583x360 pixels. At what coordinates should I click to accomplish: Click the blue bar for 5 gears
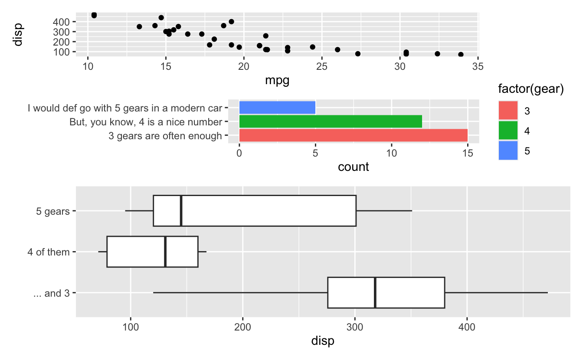pyautogui.click(x=277, y=108)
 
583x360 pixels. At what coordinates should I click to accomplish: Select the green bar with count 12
pyautogui.click(x=331, y=121)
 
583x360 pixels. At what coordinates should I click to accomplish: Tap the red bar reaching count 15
pyautogui.click(x=353, y=135)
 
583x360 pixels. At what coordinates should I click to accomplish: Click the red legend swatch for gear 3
pyautogui.click(x=508, y=111)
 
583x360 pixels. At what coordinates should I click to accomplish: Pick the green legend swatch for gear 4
pyautogui.click(x=508, y=131)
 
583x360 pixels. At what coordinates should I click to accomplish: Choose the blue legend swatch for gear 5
pyautogui.click(x=508, y=151)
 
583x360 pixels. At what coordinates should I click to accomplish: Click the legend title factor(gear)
pyautogui.click(x=531, y=89)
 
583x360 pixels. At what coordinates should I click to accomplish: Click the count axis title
pyautogui.click(x=353, y=167)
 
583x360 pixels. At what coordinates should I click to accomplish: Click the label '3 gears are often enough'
pyautogui.click(x=165, y=136)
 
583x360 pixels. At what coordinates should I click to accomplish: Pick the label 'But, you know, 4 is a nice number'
pyautogui.click(x=145, y=122)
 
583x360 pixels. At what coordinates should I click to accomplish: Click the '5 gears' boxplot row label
pyautogui.click(x=54, y=211)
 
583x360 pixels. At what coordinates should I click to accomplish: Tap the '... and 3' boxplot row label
pyautogui.click(x=51, y=293)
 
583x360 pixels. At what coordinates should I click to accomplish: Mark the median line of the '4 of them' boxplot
pyautogui.click(x=165, y=252)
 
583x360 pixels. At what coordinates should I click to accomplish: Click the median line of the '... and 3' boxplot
pyautogui.click(x=375, y=292)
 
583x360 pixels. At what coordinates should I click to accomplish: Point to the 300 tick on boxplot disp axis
pyautogui.click(x=355, y=326)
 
